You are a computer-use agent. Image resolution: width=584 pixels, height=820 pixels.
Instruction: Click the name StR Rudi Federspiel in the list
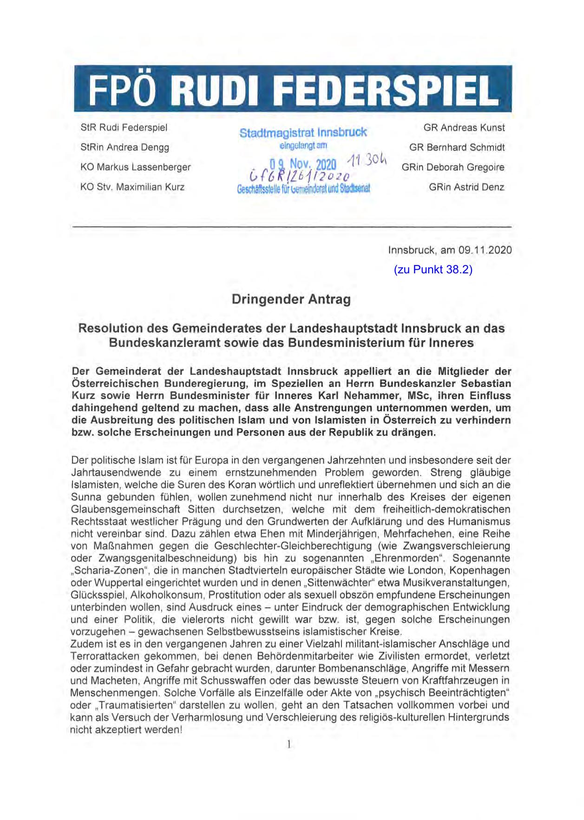[124, 128]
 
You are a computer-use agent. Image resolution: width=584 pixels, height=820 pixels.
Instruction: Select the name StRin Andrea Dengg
[125, 148]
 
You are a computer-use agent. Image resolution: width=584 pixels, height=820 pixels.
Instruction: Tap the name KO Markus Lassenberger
[135, 168]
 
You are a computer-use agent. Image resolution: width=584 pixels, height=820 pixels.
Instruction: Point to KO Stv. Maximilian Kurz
[132, 187]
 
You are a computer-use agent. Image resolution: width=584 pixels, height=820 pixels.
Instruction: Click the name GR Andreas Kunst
[464, 128]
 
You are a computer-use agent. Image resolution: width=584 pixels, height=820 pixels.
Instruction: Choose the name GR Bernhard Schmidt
[457, 148]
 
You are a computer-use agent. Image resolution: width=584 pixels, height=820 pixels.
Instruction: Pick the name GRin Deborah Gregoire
[453, 168]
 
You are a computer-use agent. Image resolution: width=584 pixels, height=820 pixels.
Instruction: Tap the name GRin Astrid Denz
[466, 187]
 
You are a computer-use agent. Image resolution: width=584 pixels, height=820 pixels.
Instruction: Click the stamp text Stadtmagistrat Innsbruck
[303, 133]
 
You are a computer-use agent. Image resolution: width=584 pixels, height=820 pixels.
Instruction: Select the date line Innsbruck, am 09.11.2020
[450, 251]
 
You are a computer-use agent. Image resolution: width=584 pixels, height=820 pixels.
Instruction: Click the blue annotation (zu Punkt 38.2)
[433, 270]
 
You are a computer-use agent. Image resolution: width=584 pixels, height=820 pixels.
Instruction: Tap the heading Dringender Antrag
[291, 300]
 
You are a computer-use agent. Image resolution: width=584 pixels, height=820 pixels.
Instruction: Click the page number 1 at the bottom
[289, 745]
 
